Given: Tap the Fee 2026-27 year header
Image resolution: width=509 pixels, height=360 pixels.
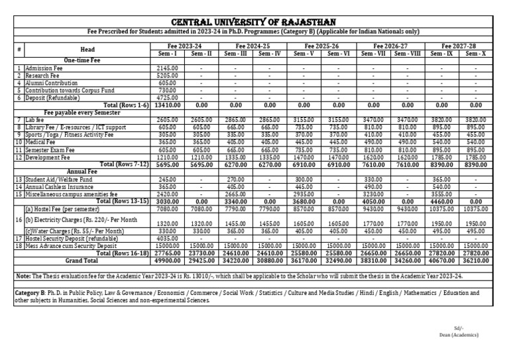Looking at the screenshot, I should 390,45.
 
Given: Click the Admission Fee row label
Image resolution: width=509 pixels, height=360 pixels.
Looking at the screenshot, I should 44,68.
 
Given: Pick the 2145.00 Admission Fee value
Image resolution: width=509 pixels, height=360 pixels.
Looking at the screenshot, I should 166,68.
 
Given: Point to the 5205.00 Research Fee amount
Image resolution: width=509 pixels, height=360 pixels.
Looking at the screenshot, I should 166,76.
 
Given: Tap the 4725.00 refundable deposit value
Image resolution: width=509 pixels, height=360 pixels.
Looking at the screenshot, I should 166,97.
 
